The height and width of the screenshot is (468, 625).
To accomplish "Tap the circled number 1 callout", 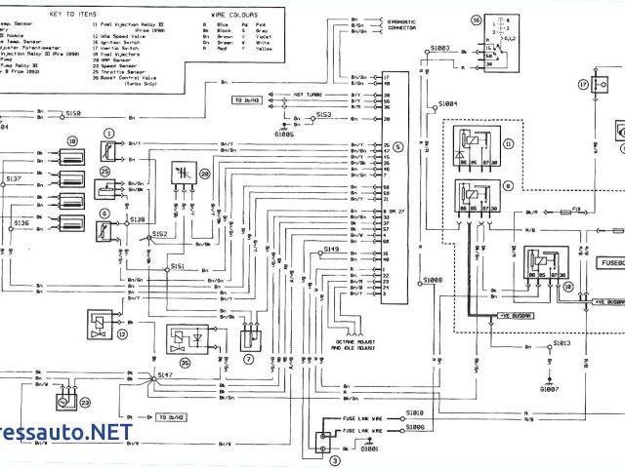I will [x=109, y=133].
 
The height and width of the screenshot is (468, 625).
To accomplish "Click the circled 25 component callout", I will [x=104, y=172].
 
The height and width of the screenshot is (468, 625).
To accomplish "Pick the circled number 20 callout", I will [x=204, y=173].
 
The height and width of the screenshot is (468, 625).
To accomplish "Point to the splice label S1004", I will [x=448, y=102].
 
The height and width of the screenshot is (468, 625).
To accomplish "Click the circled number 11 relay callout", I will [x=507, y=142].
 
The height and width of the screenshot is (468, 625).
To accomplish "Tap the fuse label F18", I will [x=576, y=208].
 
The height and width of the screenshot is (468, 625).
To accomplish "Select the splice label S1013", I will [x=562, y=343].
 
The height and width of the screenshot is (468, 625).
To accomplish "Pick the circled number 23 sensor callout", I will [x=84, y=402].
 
